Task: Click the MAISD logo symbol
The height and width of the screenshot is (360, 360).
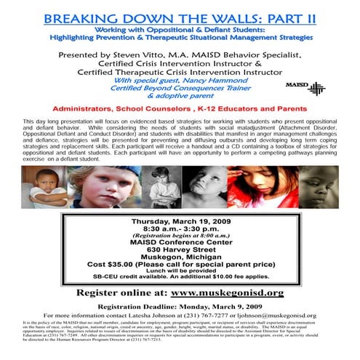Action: [316, 88]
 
